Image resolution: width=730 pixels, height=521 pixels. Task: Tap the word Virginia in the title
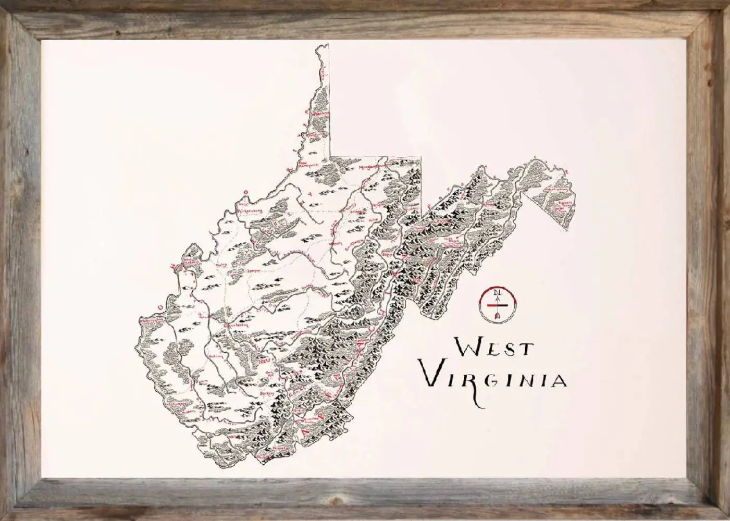tap(493, 379)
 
